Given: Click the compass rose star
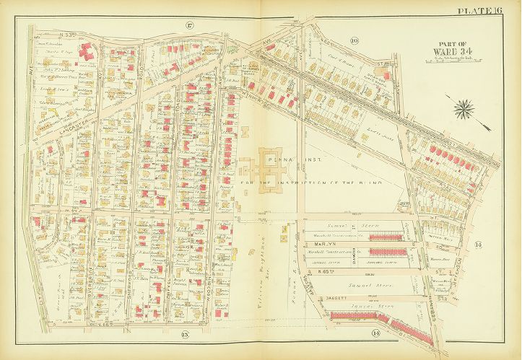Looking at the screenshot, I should point(464,110).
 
